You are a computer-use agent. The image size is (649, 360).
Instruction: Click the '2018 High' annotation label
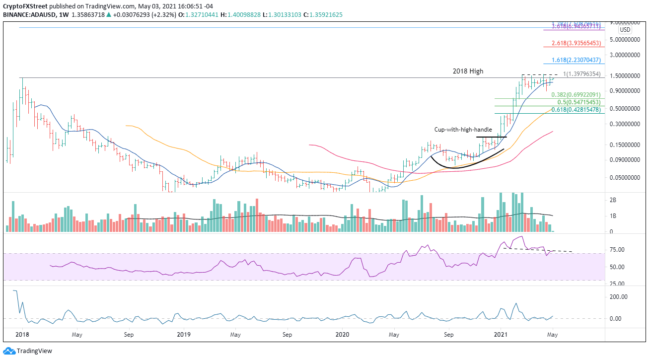(468, 72)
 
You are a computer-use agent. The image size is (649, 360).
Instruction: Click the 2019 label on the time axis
(183, 335)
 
